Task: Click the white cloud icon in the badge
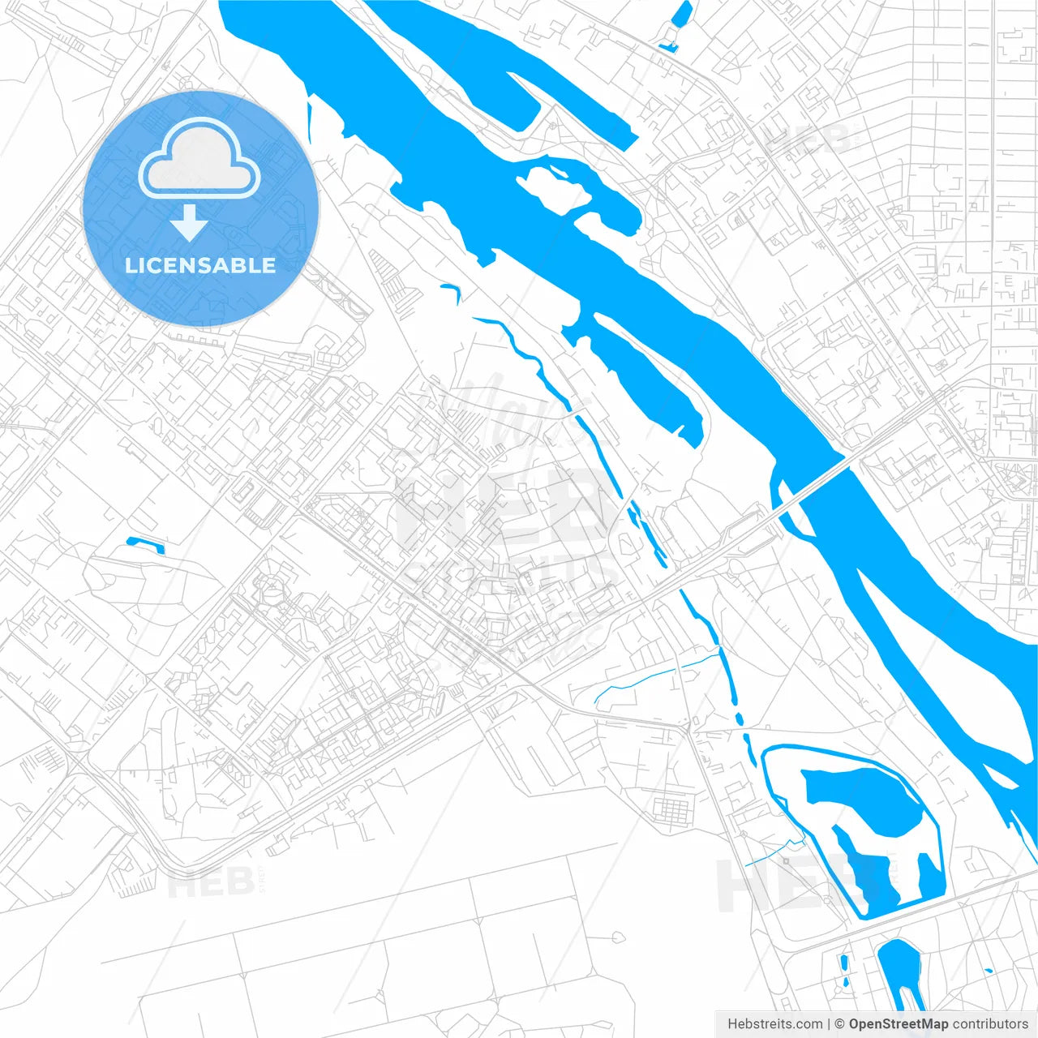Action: coord(199,158)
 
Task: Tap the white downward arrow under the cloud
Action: coord(189,223)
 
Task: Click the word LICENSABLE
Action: coord(200,265)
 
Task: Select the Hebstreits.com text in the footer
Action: coord(774,1024)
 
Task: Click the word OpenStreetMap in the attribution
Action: coord(898,1024)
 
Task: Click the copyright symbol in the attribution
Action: coord(839,1024)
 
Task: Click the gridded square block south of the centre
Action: coord(672,809)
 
